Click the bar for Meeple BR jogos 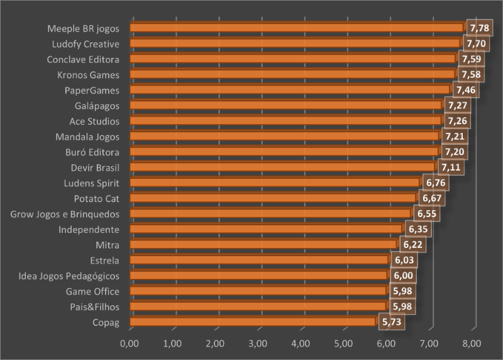(297, 28)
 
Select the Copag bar (253, 322)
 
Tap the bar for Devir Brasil (282, 167)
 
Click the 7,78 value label (478, 28)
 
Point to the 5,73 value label (390, 322)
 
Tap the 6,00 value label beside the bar (402, 276)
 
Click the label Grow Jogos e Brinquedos (65, 214)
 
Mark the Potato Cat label (97, 198)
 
